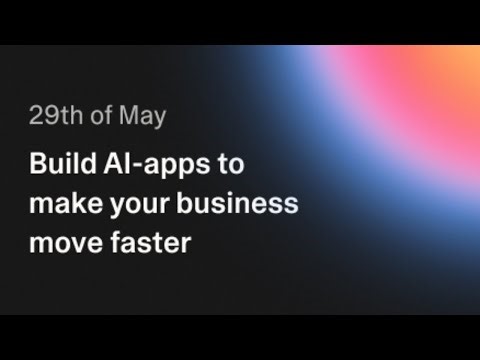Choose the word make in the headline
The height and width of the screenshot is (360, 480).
(x=62, y=204)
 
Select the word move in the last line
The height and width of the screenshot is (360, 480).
(x=65, y=242)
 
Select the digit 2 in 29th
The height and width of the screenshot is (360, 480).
(x=34, y=116)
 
